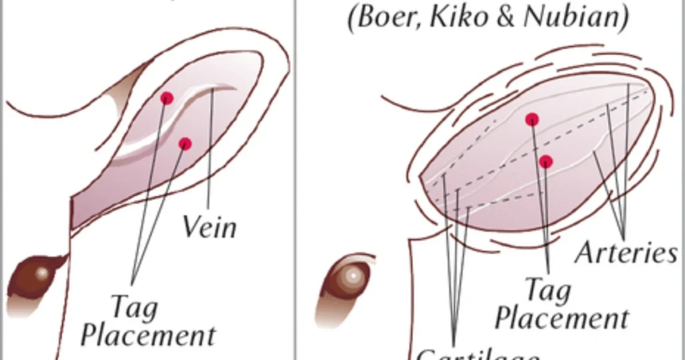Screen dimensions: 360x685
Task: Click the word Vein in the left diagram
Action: [209, 228]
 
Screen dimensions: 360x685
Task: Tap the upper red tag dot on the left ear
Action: [167, 98]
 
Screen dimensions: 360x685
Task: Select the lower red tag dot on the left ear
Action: [185, 144]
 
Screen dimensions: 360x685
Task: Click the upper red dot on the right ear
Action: [532, 119]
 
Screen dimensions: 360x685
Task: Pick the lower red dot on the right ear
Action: [547, 161]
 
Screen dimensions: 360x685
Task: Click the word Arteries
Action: [626, 254]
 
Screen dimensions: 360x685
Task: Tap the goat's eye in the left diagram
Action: [41, 274]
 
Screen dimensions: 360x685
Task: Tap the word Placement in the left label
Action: [148, 335]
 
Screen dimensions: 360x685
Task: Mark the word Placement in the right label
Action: [562, 318]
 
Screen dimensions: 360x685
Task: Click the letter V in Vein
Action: [191, 227]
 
